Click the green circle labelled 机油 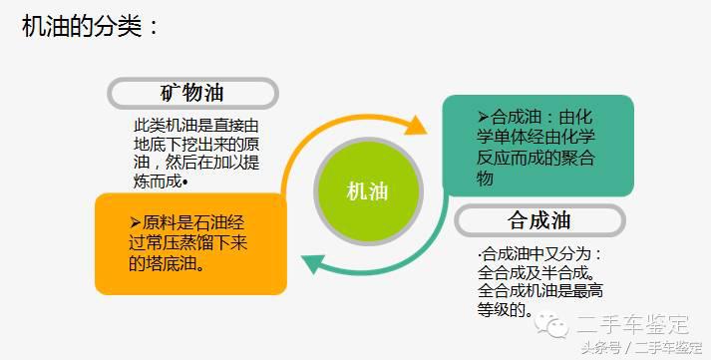coord(366,191)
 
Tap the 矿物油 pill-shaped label coord(192,94)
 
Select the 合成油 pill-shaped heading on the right coord(538,219)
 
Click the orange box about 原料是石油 coord(189,243)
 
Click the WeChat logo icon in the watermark coord(552,324)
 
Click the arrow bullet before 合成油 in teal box coord(483,117)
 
